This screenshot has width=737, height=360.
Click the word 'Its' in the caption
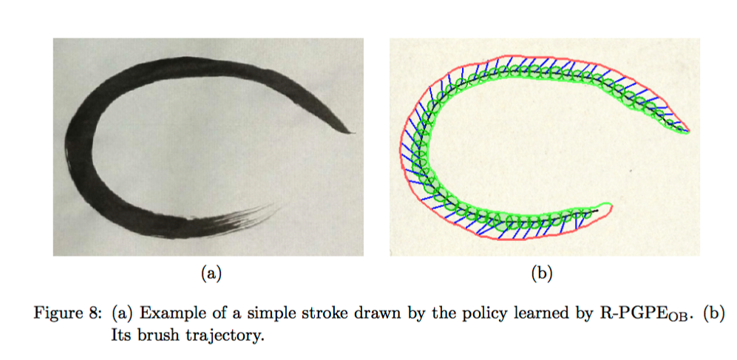(x=120, y=334)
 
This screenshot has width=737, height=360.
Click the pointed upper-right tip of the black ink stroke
(x=353, y=133)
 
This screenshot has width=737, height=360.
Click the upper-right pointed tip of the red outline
(x=690, y=132)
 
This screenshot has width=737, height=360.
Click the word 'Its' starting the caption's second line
(x=120, y=334)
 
